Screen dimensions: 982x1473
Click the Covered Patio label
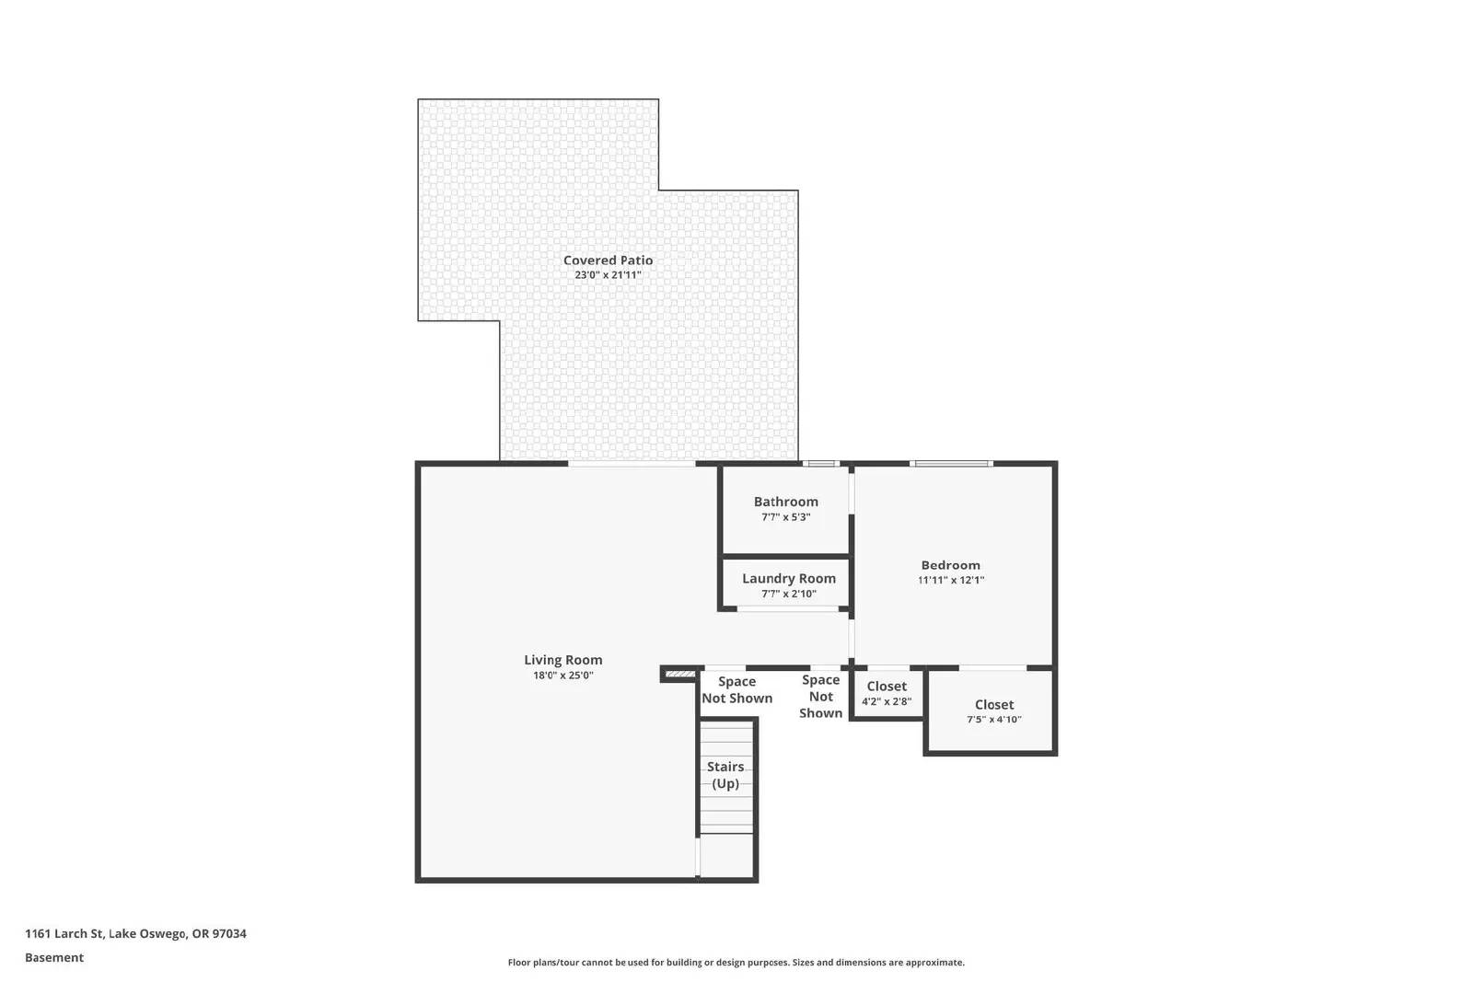pos(608,260)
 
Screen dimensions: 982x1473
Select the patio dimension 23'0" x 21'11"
pos(608,275)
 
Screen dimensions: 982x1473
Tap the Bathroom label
pos(785,502)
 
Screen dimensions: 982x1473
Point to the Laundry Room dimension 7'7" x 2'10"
pos(789,595)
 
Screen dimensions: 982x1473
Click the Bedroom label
pos(950,565)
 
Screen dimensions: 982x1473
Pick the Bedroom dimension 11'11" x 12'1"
pos(950,581)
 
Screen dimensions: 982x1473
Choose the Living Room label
pos(563,660)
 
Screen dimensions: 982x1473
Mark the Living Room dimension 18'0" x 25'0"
pos(563,676)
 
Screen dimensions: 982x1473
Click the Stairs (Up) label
pos(725,775)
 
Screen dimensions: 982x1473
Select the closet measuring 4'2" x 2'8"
pos(887,694)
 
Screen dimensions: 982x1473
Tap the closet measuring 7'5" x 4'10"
pos(993,711)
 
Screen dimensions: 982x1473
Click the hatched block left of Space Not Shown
pos(679,675)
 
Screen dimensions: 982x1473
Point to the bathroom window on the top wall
pos(820,464)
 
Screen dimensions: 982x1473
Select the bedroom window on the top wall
pos(951,464)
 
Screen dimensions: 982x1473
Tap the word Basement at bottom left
pos(54,957)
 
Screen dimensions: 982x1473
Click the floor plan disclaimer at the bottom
pos(736,963)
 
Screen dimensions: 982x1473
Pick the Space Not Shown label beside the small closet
pos(820,696)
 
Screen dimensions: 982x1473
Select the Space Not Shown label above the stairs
pos(736,689)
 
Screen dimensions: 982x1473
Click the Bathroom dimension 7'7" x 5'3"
pos(785,517)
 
